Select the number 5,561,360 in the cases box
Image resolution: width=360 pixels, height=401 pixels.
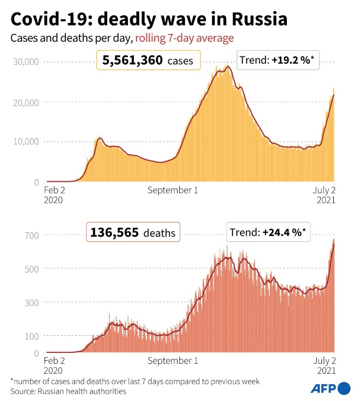pos(133,61)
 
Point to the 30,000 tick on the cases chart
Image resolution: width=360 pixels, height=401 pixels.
pos(25,62)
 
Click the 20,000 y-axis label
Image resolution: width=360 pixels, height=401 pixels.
pos(25,102)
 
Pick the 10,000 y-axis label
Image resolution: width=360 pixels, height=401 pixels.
pos(25,141)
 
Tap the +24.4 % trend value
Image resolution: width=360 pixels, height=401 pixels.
pos(282,233)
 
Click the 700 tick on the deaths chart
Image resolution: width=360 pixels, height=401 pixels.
pos(32,235)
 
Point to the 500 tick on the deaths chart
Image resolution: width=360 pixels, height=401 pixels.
pos(32,269)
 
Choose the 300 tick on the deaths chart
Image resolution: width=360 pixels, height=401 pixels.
pos(32,302)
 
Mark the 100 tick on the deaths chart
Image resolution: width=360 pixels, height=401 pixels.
pos(32,336)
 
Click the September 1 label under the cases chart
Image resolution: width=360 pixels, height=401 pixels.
pos(172,190)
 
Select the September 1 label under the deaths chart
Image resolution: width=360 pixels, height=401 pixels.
pos(172,361)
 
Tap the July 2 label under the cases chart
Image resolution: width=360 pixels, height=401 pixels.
pos(324,190)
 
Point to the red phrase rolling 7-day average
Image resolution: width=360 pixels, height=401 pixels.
pos(184,38)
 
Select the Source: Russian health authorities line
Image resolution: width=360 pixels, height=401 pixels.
pos(68,391)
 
